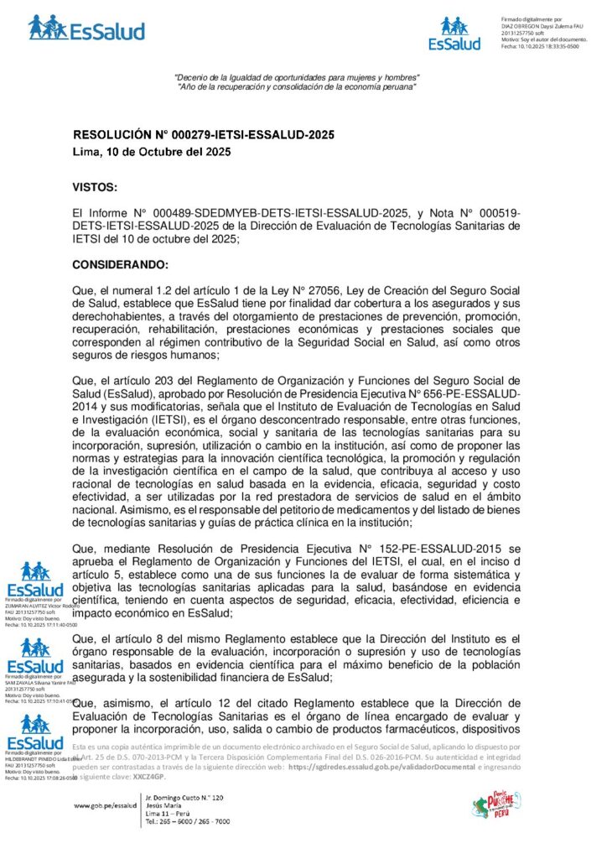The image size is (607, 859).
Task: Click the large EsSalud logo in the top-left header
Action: click(x=86, y=28)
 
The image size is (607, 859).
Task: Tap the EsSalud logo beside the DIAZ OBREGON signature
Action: click(x=454, y=34)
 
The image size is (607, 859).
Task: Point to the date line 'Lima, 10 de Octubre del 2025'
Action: click(x=150, y=153)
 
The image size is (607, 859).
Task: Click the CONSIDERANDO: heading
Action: click(x=121, y=265)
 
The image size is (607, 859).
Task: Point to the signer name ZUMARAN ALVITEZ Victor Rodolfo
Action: click(x=41, y=606)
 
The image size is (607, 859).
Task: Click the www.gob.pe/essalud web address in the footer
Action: click(x=105, y=805)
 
